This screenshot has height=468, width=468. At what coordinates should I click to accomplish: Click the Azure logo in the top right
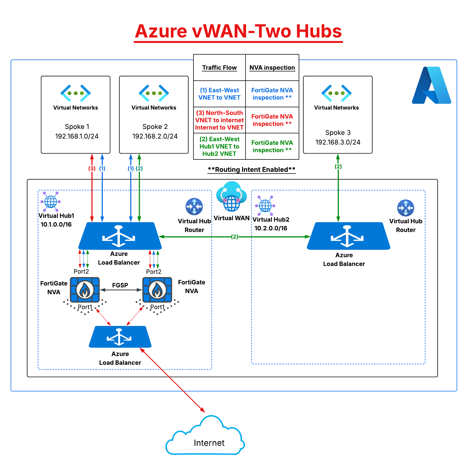[x=431, y=85]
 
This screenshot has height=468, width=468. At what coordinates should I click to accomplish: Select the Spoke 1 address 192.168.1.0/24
[x=77, y=136]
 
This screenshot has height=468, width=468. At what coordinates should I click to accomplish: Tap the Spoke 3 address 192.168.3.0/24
[x=338, y=142]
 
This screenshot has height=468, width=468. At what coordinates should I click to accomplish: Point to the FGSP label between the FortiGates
[x=120, y=285]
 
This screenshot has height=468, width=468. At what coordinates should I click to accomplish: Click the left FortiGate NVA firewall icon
[x=85, y=290]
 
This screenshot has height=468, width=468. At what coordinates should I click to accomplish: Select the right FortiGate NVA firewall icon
[x=157, y=290]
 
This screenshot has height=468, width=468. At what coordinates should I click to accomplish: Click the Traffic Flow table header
[x=219, y=68]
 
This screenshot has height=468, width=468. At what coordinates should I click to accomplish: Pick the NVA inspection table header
[x=272, y=68]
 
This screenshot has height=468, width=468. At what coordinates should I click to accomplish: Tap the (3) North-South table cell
[x=219, y=120]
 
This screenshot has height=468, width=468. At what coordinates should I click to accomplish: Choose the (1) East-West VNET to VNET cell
[x=219, y=94]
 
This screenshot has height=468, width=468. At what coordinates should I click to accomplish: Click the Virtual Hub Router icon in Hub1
[x=194, y=206]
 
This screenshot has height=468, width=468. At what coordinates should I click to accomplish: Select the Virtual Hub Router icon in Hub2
[x=406, y=208]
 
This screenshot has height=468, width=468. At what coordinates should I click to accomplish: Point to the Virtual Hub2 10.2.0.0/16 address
[x=271, y=228]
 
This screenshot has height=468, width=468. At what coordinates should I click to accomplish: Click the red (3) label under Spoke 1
[x=92, y=168]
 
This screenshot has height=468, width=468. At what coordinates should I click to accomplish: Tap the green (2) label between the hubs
[x=234, y=237]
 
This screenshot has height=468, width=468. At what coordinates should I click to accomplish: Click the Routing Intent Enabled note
[x=251, y=170]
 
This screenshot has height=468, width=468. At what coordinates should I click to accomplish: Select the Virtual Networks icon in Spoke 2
[x=154, y=93]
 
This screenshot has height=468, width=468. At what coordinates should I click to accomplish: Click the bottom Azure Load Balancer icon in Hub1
[x=120, y=337]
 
